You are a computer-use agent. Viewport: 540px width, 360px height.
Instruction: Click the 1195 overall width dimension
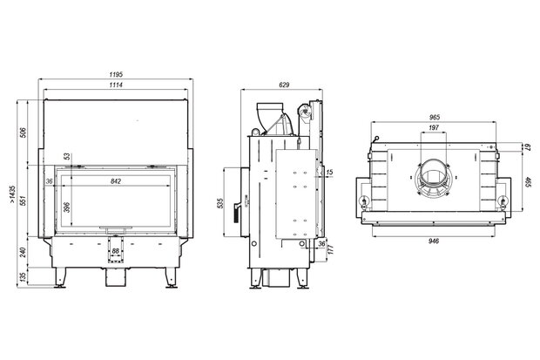point(116,74)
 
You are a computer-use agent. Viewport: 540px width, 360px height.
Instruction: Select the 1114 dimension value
point(116,85)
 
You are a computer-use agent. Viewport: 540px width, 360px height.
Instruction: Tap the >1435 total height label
point(12,194)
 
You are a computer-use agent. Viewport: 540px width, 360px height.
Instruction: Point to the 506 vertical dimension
point(23,132)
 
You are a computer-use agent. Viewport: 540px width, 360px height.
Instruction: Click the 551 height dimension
point(23,200)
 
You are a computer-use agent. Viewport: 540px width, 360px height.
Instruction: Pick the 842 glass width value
point(116,181)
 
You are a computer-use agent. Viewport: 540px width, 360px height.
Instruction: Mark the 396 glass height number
point(67,207)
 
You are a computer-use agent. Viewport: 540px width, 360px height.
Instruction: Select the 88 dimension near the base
point(115,251)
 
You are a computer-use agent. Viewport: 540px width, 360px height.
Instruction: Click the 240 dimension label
point(23,252)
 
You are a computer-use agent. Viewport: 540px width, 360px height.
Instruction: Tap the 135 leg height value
point(23,277)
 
